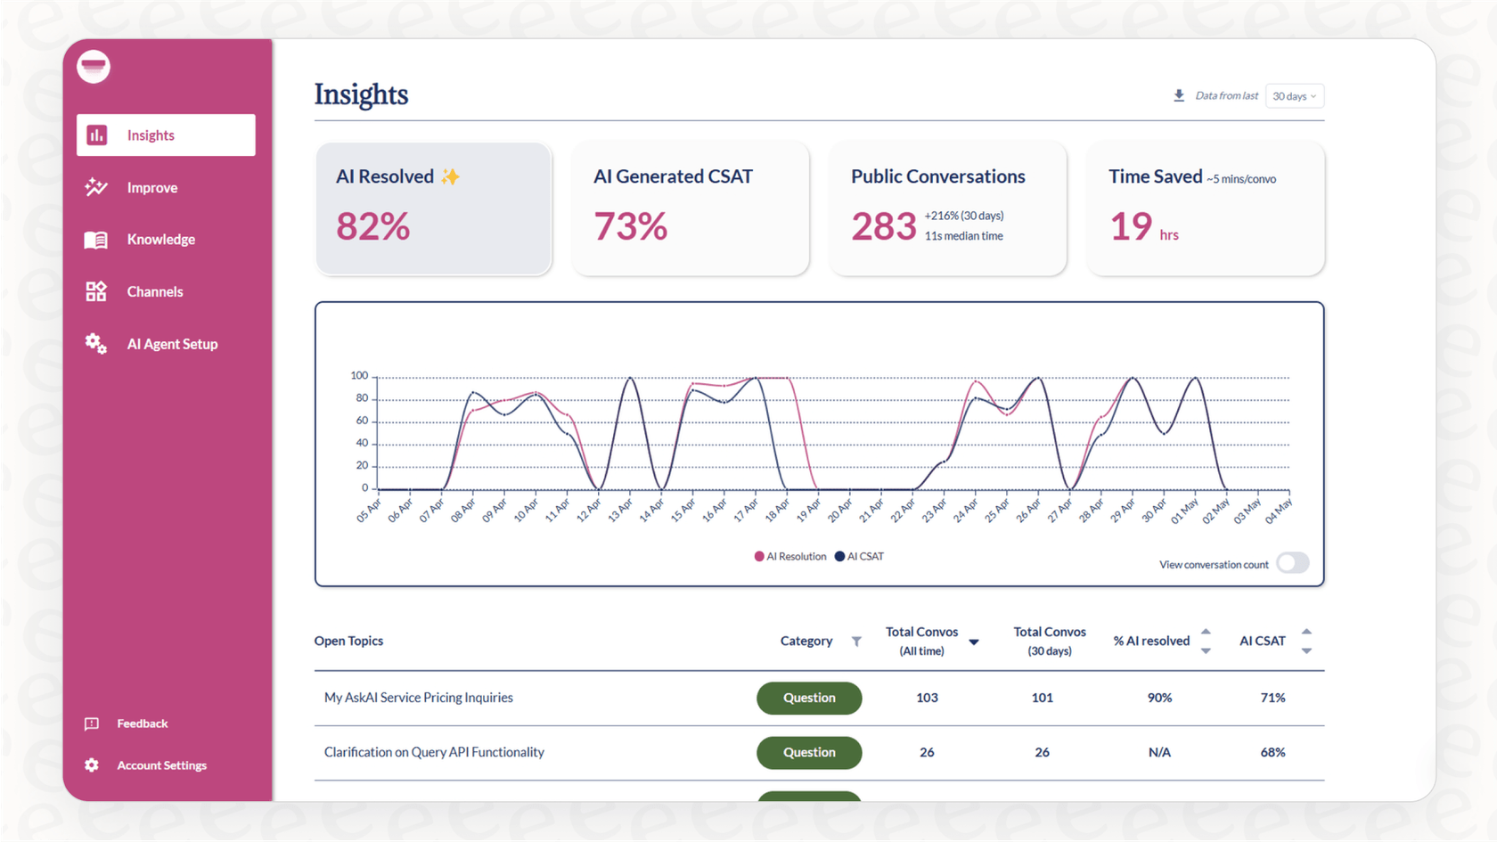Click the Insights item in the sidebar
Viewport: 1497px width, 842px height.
tap(166, 135)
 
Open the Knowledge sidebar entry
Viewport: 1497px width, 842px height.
tap(160, 240)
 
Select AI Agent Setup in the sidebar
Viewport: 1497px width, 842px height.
tap(171, 344)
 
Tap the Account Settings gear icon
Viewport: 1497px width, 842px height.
tap(92, 765)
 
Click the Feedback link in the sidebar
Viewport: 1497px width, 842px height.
tap(142, 723)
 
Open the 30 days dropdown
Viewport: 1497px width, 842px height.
tap(1294, 96)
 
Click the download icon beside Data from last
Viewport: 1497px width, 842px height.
tap(1179, 95)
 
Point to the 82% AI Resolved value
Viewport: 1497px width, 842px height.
tap(372, 226)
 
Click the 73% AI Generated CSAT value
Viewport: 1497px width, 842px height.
tap(630, 226)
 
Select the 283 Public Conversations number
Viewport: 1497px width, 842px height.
tap(883, 226)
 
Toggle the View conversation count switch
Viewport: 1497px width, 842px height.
tap(1292, 563)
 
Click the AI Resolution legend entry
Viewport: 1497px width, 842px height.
tap(790, 557)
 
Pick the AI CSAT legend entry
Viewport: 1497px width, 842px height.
tap(860, 557)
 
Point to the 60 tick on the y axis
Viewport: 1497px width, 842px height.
tap(362, 421)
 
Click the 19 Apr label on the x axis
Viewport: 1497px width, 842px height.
tap(808, 511)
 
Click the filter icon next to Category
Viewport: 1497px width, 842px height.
tap(856, 642)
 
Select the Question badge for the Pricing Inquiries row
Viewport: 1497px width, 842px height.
tap(809, 698)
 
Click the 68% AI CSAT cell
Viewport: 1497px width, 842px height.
tap(1272, 753)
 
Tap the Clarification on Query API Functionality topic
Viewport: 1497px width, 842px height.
tap(434, 753)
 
